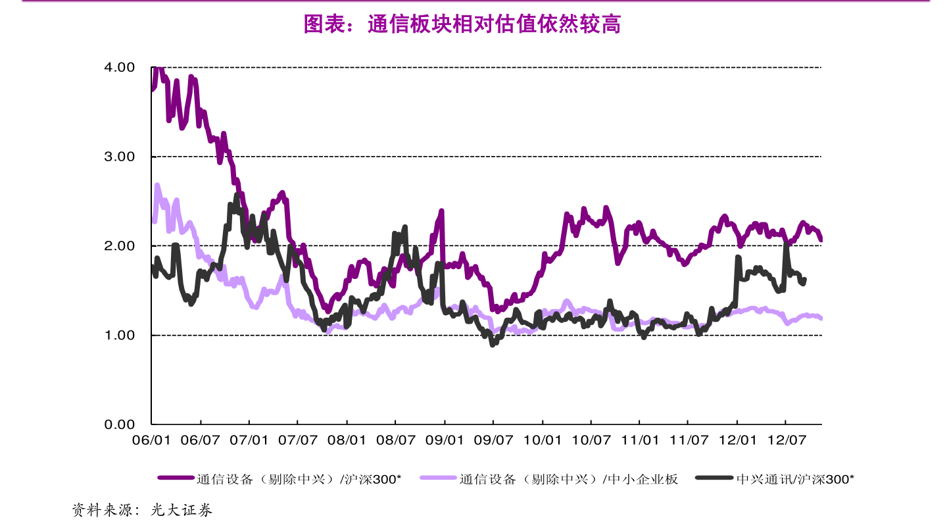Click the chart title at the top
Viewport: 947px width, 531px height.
click(x=462, y=25)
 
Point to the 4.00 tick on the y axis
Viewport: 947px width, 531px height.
click(x=119, y=67)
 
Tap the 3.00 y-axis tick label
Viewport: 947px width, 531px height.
click(x=119, y=157)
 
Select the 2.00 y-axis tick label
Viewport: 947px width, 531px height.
click(x=119, y=246)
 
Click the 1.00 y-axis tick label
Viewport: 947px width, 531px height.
click(x=119, y=336)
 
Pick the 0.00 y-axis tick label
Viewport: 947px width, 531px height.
click(x=119, y=424)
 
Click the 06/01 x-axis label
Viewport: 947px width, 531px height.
click(x=151, y=440)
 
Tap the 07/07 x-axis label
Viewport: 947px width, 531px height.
click(x=298, y=440)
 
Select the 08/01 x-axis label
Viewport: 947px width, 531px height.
click(x=347, y=440)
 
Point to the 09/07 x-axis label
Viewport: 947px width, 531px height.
click(x=493, y=440)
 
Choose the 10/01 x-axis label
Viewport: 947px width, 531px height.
click(x=543, y=440)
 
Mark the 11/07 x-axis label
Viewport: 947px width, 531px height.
click(x=689, y=440)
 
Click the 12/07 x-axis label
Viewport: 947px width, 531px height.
click(x=787, y=440)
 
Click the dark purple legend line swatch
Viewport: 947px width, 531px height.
click(x=176, y=479)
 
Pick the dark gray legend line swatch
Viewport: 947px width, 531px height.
click(x=715, y=479)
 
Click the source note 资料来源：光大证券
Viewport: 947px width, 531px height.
click(x=142, y=510)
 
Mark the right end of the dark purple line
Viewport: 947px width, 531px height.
click(x=821, y=240)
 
